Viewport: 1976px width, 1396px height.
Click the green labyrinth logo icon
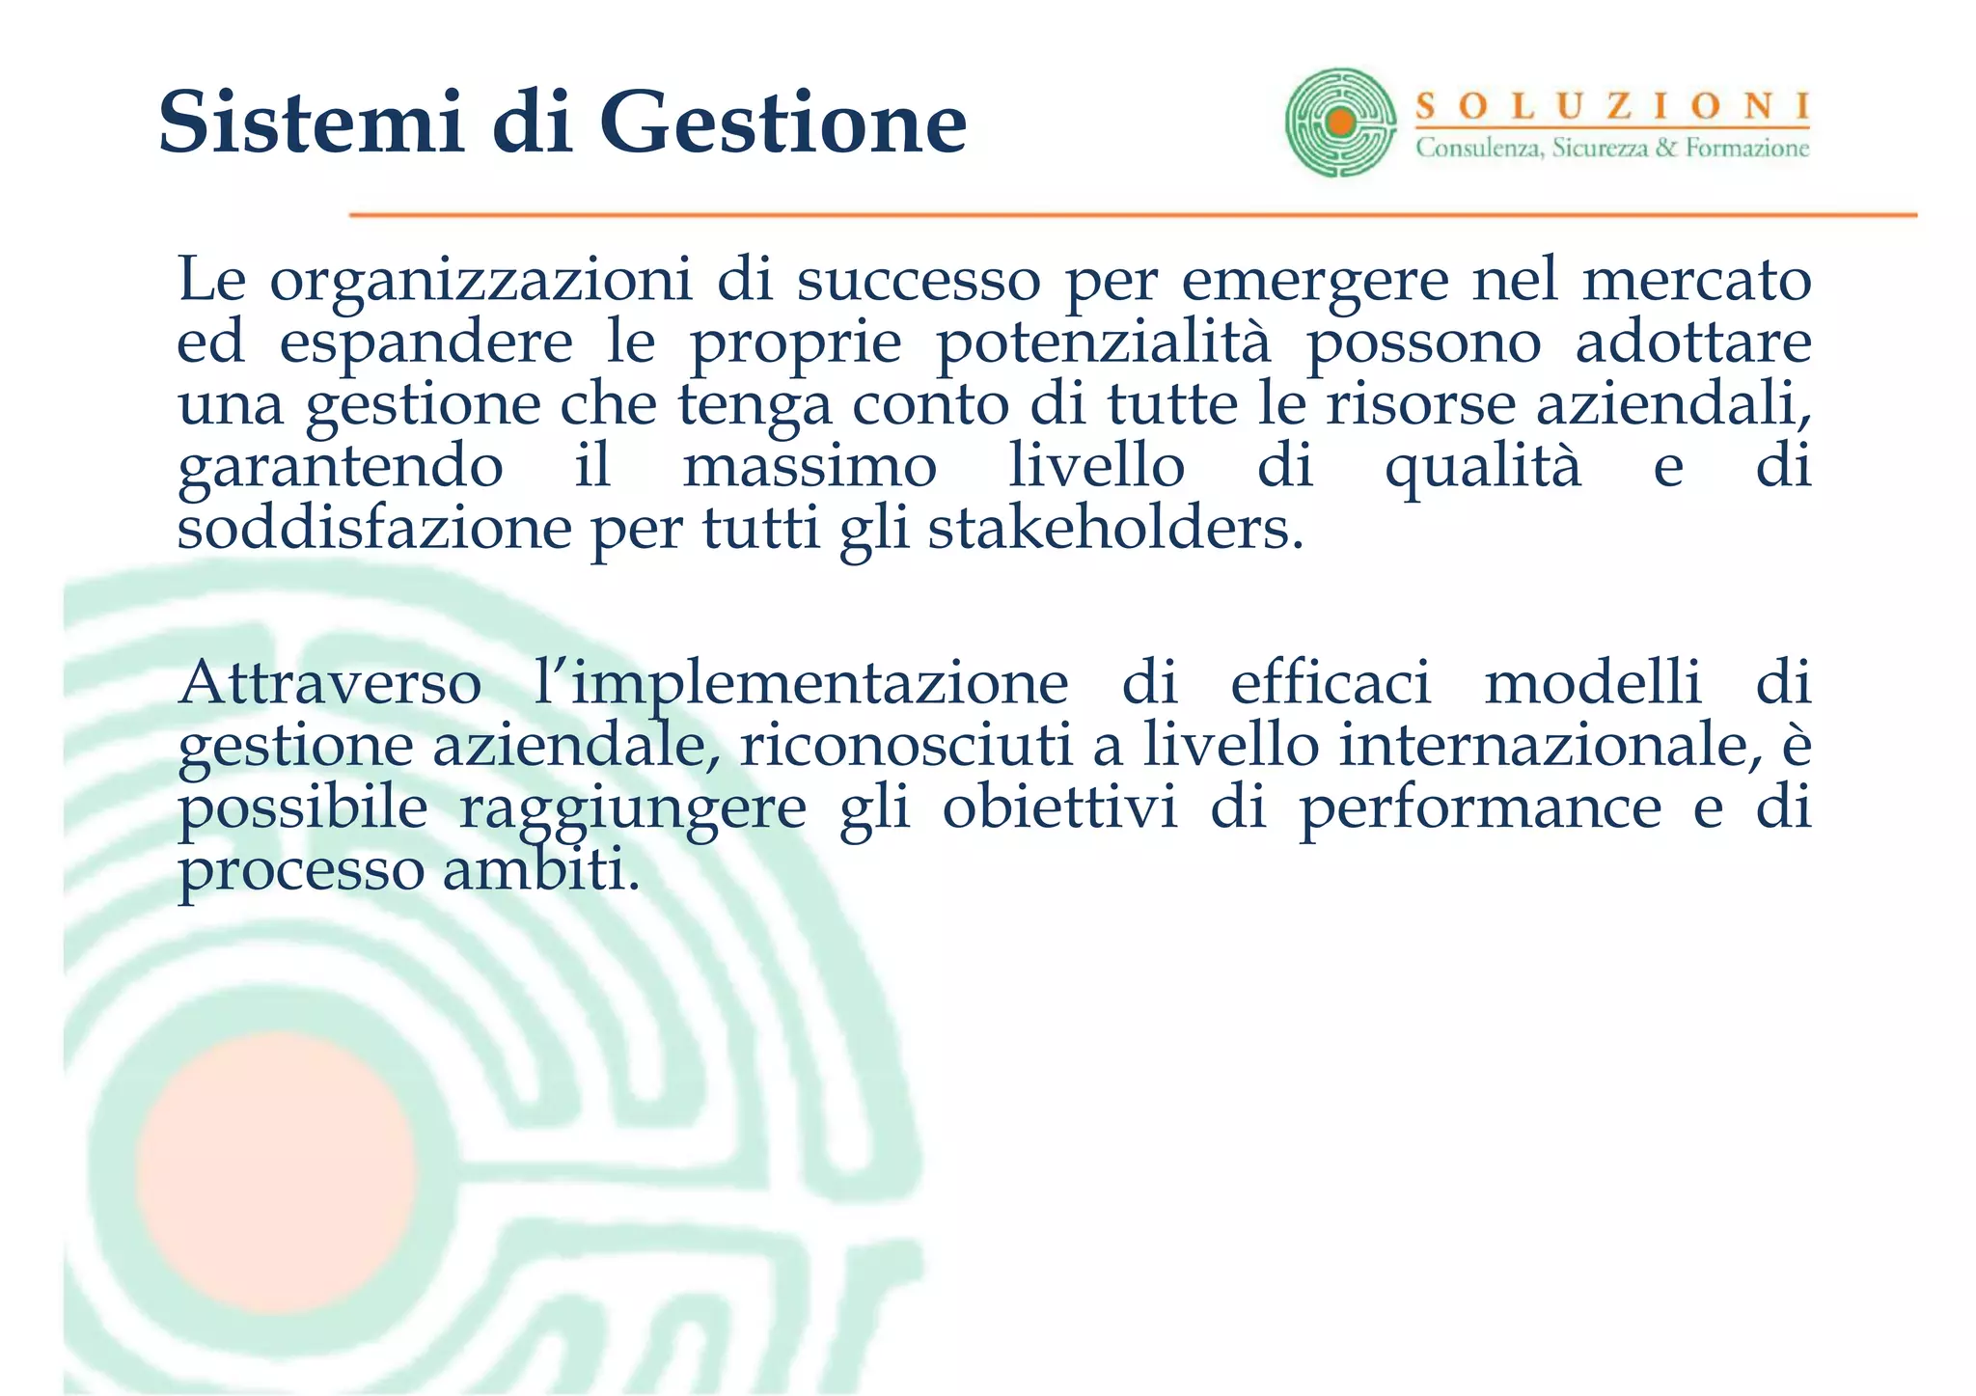[x=1340, y=123]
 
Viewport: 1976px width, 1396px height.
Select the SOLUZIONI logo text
[x=1612, y=106]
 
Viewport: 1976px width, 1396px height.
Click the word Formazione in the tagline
[x=1747, y=149]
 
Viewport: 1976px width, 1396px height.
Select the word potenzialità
[x=1104, y=343]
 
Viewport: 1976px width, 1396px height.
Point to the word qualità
[x=1483, y=469]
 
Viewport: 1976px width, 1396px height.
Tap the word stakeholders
[x=1115, y=529]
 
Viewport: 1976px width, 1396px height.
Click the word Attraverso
[x=330, y=683]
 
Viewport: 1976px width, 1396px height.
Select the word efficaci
[x=1331, y=683]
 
